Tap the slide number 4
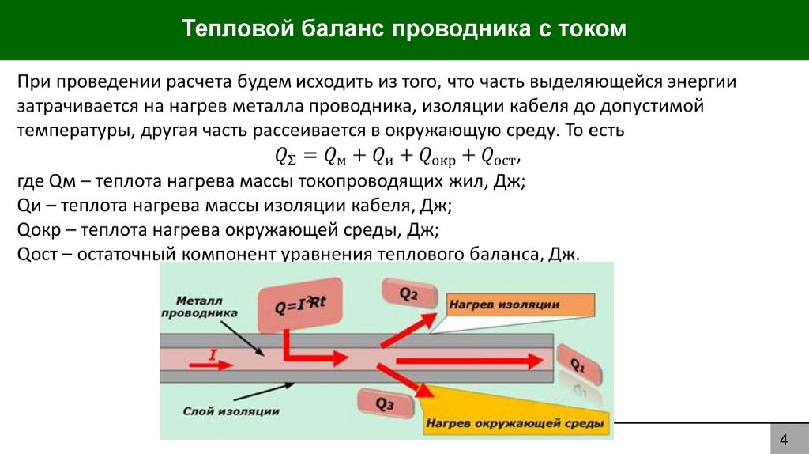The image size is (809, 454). [x=784, y=440]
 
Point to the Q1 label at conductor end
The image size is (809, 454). [x=578, y=365]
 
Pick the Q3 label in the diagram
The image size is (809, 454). [x=385, y=403]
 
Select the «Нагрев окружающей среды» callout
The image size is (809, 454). [x=515, y=423]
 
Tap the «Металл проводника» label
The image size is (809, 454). [x=200, y=307]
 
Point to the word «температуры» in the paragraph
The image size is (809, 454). [x=65, y=130]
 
